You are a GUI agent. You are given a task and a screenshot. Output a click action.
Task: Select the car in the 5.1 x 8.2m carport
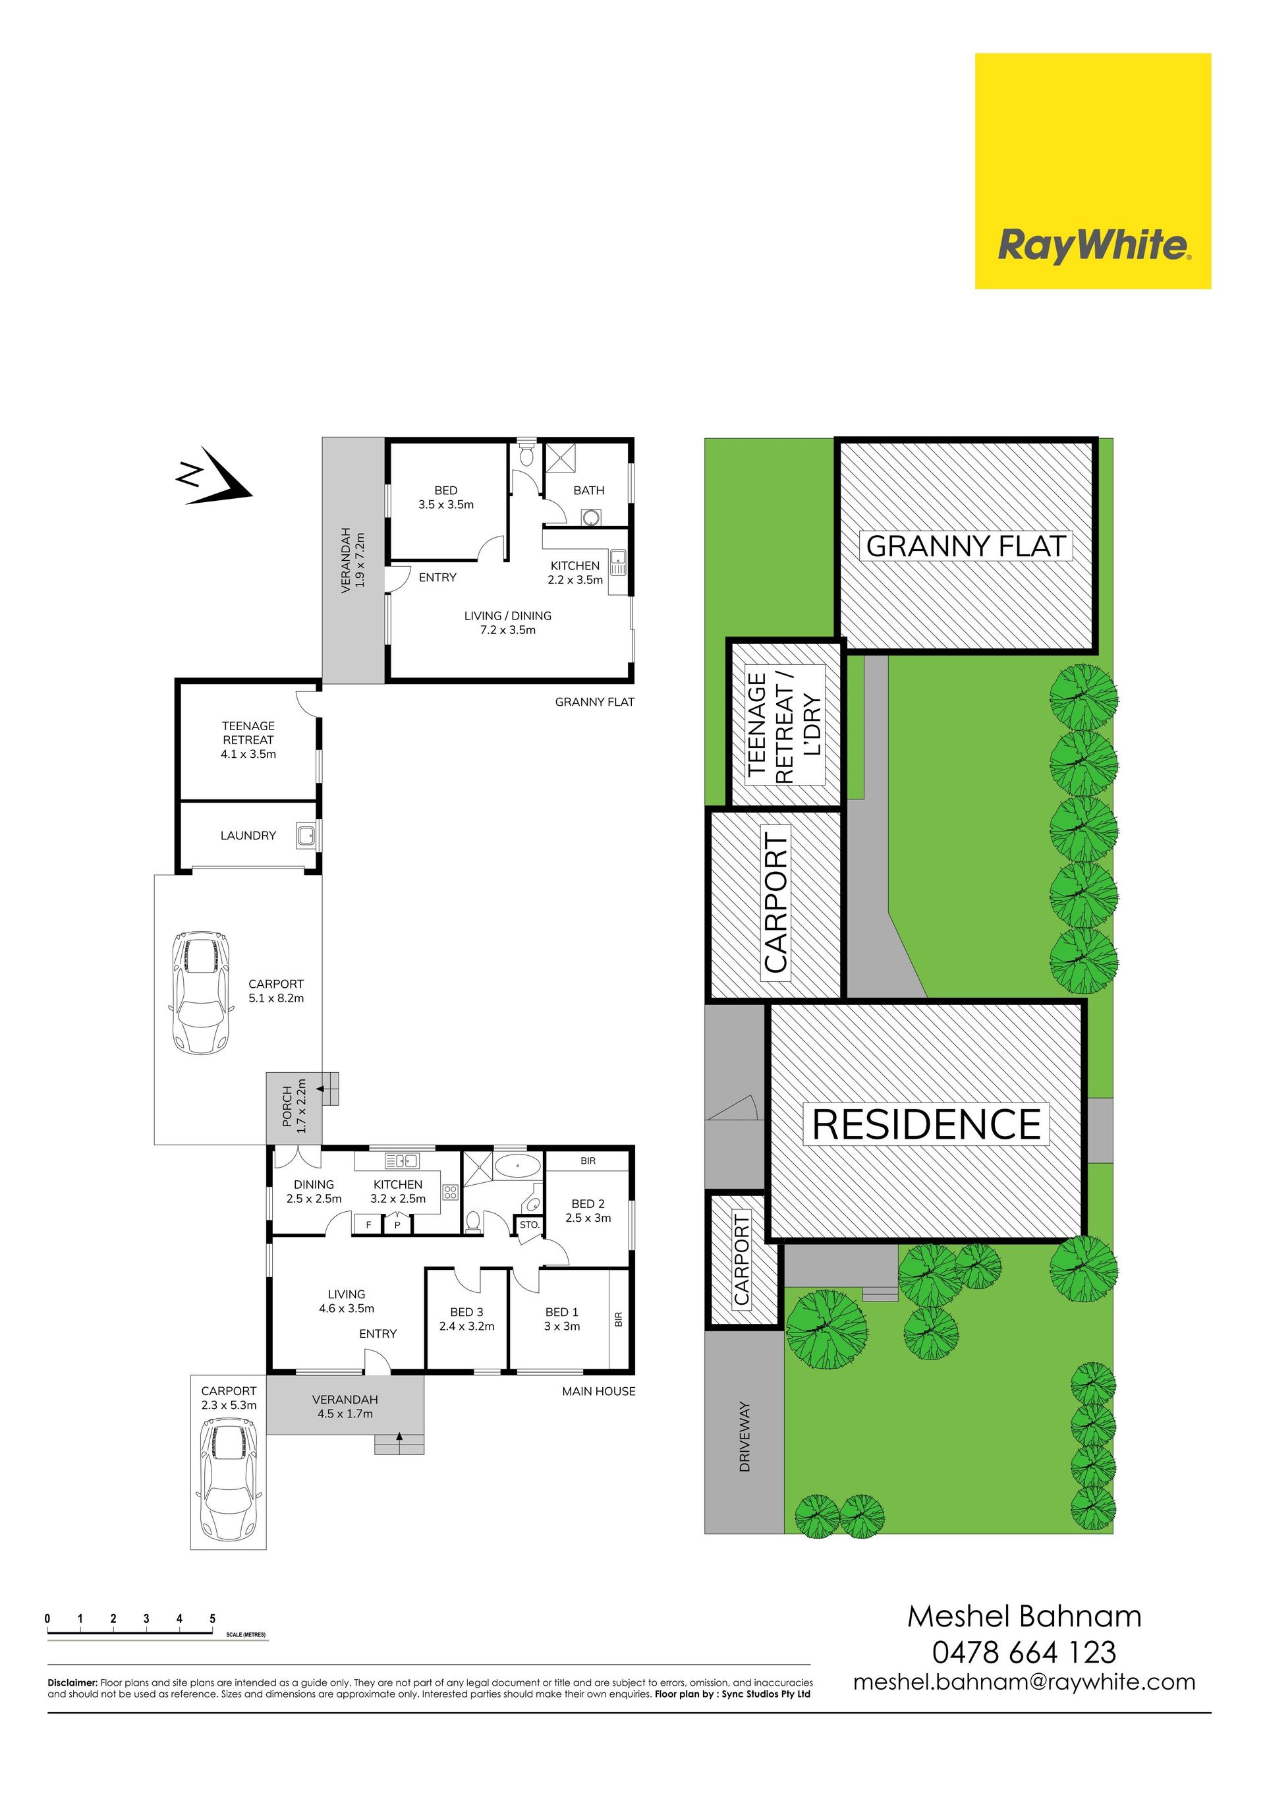[200, 992]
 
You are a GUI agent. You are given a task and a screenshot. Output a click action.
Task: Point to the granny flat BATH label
[589, 490]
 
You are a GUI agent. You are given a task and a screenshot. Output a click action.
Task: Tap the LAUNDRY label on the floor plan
[248, 836]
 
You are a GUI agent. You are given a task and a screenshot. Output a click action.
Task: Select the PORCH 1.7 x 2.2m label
[295, 1106]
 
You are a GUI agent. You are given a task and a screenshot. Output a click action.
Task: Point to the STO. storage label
[529, 1224]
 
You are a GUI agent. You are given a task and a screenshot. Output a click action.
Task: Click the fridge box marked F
[368, 1224]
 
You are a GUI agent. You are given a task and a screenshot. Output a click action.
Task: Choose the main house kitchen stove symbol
[450, 1193]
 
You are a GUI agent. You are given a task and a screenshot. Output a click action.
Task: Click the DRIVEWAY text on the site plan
[745, 1437]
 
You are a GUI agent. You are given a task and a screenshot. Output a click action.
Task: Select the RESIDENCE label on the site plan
[926, 1124]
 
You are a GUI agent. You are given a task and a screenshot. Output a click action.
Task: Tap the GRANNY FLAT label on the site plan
[966, 546]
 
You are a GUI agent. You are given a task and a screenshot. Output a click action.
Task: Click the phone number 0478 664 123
[1024, 1651]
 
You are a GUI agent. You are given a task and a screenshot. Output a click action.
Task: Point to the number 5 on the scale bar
[213, 1618]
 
